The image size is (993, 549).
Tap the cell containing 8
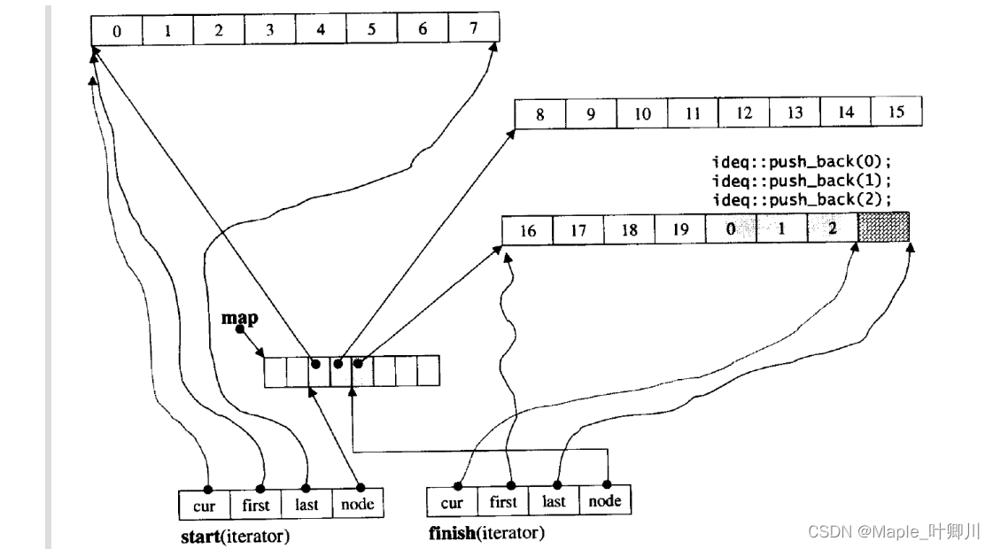[540, 113]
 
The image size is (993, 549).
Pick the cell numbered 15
[896, 112]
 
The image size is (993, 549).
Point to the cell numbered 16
[527, 231]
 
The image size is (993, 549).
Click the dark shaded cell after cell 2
[883, 230]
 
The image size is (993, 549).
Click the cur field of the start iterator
[204, 505]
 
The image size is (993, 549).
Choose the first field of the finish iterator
[503, 502]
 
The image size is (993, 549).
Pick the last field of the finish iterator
[554, 501]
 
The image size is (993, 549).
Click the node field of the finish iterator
[604, 500]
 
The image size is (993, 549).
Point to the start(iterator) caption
[235, 536]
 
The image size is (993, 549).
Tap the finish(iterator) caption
[486, 533]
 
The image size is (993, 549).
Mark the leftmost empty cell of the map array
[275, 371]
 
